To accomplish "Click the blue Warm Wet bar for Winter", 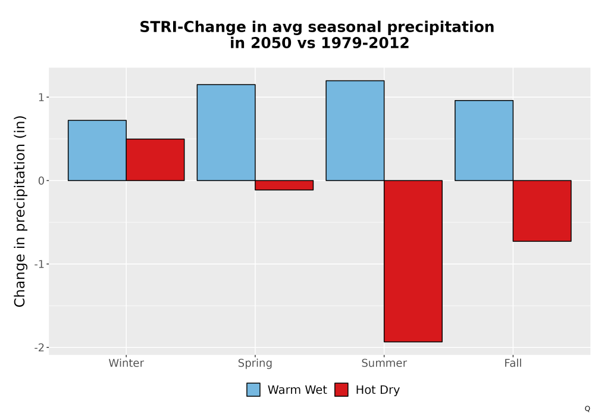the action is click(x=97, y=150).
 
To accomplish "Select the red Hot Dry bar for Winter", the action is click(x=155, y=160).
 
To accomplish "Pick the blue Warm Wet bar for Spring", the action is click(x=226, y=132).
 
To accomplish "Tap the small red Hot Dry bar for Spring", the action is click(x=284, y=185).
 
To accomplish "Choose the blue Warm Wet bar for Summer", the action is click(x=355, y=130).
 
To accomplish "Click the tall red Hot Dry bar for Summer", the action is click(x=414, y=262).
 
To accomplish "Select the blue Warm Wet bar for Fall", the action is click(x=484, y=141).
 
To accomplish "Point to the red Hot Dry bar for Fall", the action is click(x=542, y=211).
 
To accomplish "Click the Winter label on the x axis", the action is click(x=126, y=363).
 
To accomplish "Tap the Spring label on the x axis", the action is click(x=255, y=363).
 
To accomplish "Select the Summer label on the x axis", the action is click(x=384, y=363).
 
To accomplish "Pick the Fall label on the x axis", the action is click(x=513, y=363).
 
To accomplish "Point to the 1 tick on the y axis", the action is click(x=41, y=98).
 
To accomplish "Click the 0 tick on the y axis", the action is click(x=41, y=181).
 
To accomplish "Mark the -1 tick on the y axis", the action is click(x=39, y=264).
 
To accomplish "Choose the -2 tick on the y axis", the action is click(x=39, y=347).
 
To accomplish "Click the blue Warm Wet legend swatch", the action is click(x=253, y=390).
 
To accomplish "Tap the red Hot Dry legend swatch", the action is click(x=342, y=390).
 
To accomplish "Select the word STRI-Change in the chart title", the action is click(x=193, y=27).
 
